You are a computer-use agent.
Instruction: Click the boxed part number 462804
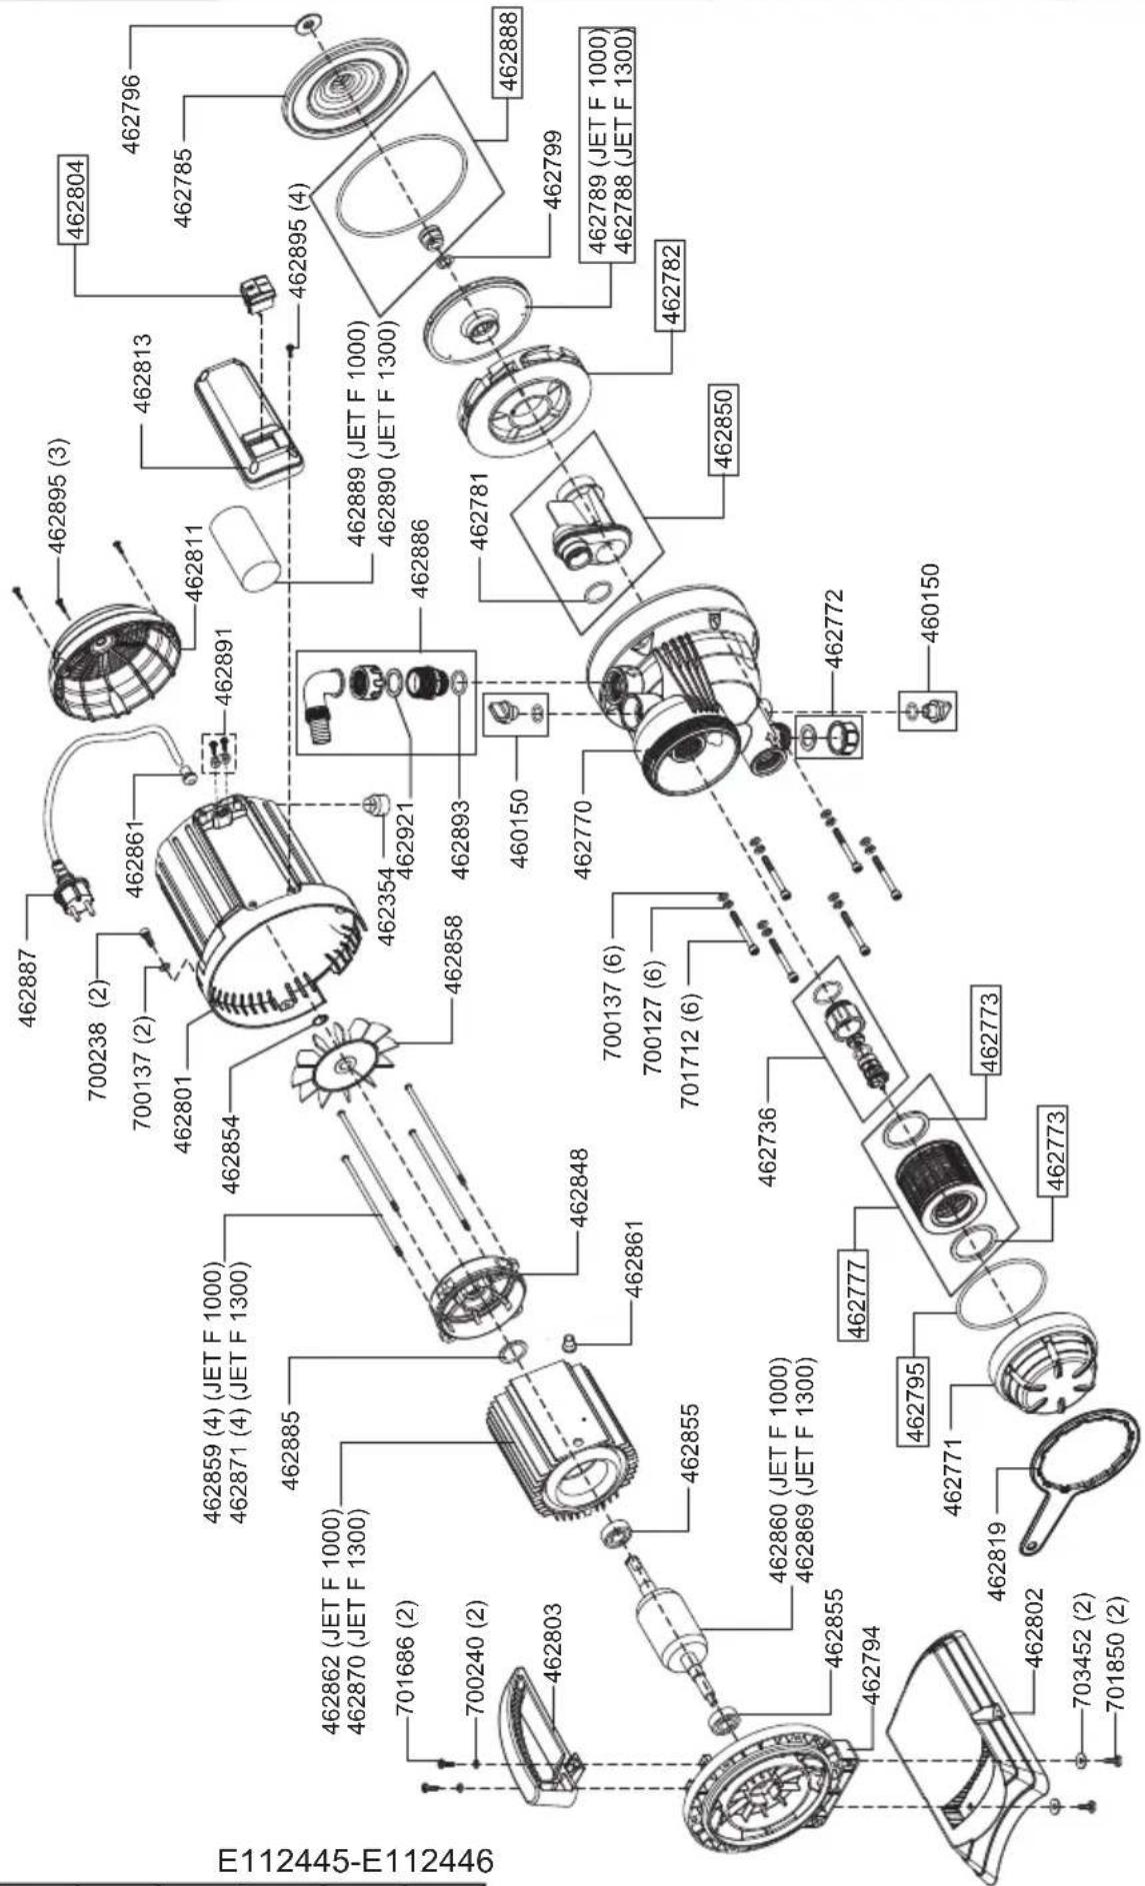pos(75,200)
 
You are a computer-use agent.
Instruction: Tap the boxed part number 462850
pos(724,429)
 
